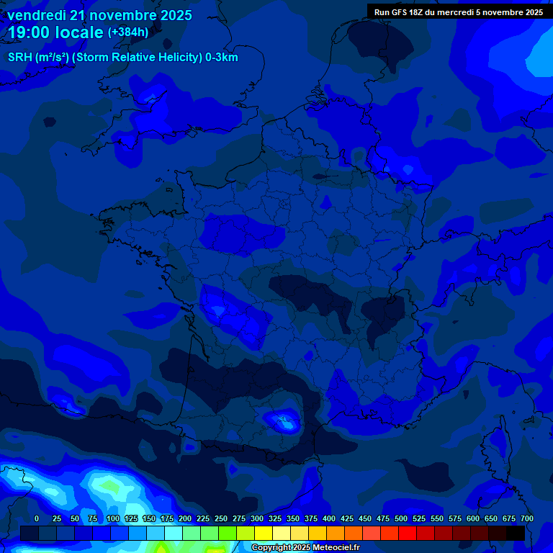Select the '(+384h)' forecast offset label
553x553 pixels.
128,32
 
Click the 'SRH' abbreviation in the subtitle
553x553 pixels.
20,58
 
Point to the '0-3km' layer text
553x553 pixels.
220,58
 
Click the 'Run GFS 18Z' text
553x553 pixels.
398,12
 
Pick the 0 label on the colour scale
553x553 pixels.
37,518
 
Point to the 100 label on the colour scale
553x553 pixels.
113,518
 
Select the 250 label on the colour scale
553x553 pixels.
221,518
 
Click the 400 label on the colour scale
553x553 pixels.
329,518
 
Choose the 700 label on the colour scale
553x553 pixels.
526,518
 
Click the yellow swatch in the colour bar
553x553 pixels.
264,534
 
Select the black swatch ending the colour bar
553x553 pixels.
516,534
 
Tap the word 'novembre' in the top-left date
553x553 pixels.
125,15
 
